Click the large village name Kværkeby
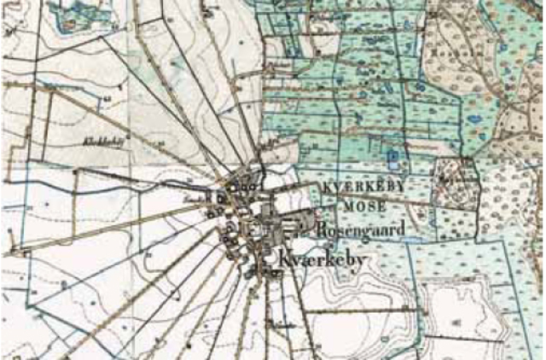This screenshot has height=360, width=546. coord(322,257)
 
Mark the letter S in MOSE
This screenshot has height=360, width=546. coord(372,206)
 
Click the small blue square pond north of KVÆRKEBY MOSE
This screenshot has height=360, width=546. coord(392,157)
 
